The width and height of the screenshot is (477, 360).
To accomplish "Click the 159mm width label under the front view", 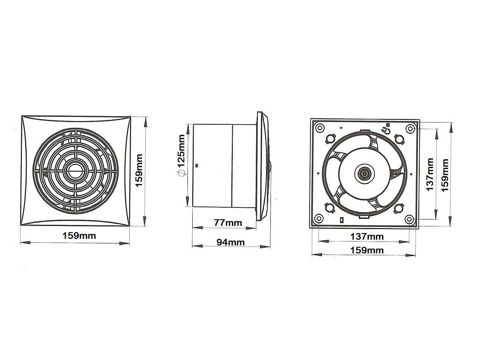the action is coord(79,236).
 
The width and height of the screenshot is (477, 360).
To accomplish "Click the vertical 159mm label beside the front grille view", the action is coord(139,170).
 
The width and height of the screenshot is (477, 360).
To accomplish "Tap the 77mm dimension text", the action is coord(228,222).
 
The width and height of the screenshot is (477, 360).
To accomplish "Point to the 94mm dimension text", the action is coord(231,242).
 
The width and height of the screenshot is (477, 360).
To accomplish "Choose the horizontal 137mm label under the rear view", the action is coord(367,236).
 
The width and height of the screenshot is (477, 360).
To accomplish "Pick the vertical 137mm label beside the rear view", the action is coord(429,174).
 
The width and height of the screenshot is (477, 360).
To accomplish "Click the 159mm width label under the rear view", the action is coord(367,250).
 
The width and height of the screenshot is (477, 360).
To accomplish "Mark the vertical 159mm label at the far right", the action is coord(445,175).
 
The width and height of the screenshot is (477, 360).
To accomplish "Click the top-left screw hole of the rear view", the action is coord(319,128).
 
